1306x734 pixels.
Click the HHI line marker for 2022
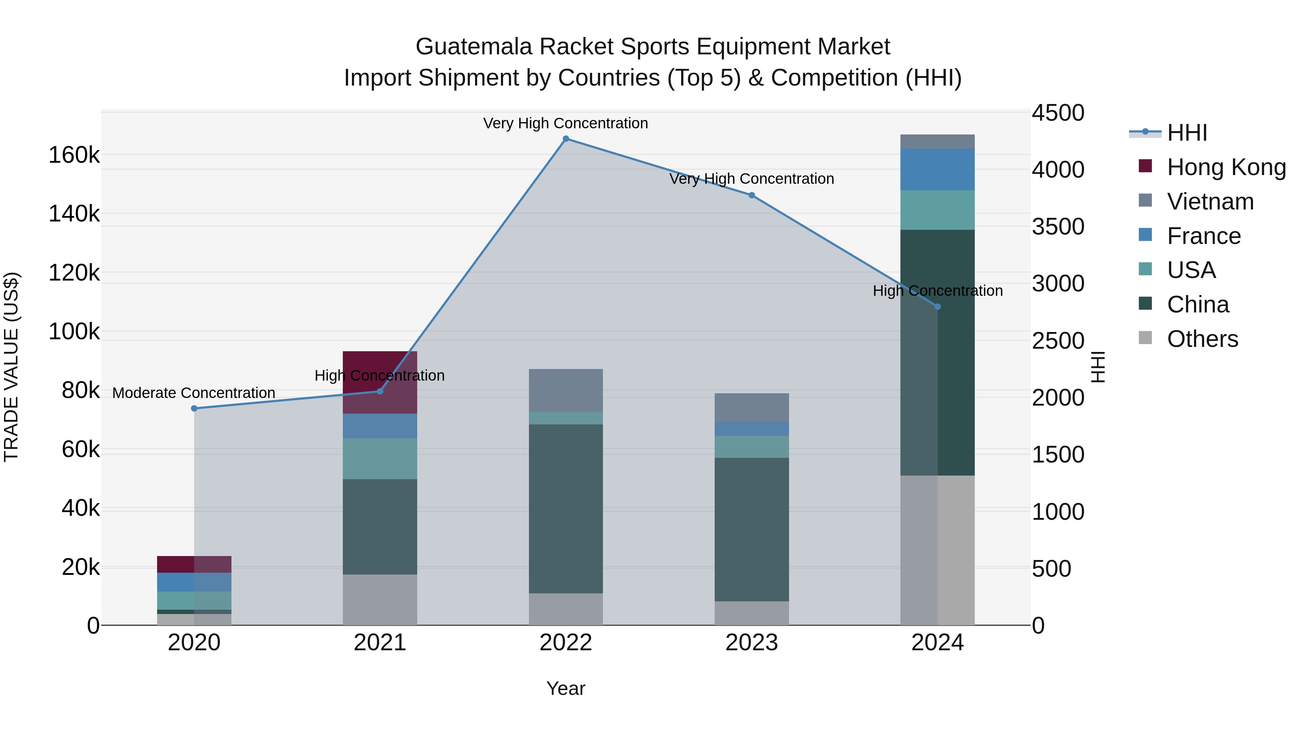pos(566,139)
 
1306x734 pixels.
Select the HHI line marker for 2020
pos(194,408)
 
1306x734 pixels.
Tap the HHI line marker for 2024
pos(937,306)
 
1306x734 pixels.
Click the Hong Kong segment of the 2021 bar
pos(380,382)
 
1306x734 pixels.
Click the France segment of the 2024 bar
pos(937,169)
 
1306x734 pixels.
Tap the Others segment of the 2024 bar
pos(937,550)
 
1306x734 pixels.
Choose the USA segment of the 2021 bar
pos(380,459)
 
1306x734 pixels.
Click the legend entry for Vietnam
pos(1210,202)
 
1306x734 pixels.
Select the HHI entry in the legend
pos(1186,133)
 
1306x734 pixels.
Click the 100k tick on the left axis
pos(74,332)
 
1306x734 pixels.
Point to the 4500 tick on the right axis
pos(1058,113)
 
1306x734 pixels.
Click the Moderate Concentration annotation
pos(194,393)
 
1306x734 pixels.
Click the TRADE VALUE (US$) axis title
pos(11,367)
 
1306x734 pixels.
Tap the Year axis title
pos(566,688)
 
